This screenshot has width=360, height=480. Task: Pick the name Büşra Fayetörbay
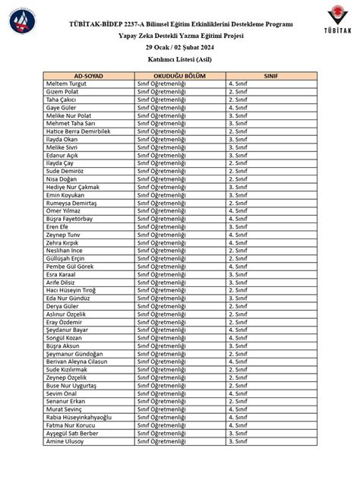72,218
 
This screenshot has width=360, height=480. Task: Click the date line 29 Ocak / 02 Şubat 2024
180,47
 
